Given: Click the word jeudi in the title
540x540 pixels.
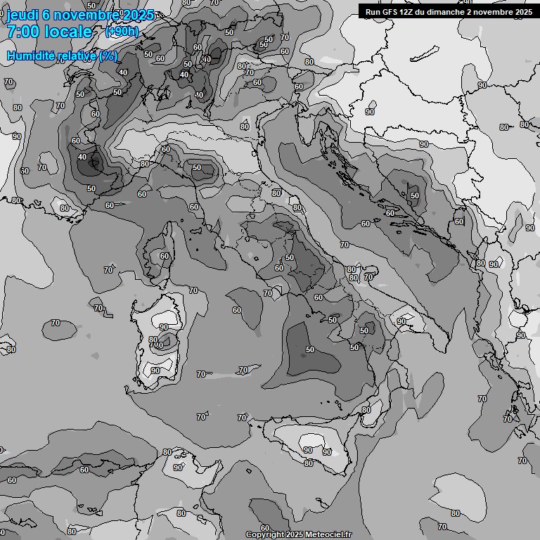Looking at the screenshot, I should click(x=21, y=15).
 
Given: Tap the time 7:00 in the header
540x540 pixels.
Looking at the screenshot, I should click(x=23, y=32).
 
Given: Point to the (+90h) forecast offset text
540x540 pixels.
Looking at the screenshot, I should click(x=122, y=32).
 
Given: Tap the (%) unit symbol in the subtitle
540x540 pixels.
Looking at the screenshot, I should click(x=108, y=56).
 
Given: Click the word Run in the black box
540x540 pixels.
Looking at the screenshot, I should click(x=373, y=11).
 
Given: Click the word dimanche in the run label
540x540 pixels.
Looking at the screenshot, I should click(x=448, y=11).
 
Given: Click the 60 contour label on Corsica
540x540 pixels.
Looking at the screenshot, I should click(x=165, y=256).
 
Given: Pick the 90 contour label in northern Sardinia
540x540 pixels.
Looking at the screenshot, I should click(x=164, y=327).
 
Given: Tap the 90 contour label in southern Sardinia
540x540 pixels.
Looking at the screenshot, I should click(x=155, y=371).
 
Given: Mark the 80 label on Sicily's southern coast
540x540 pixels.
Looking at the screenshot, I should click(x=309, y=463).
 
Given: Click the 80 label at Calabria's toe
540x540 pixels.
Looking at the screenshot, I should click(x=366, y=410).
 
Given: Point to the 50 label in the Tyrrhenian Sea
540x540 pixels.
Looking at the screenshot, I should click(x=310, y=349).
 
